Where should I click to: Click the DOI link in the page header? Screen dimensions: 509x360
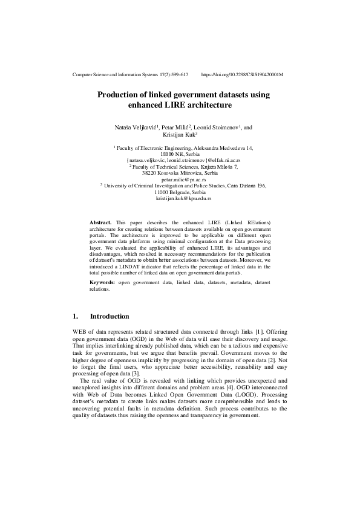(242, 74)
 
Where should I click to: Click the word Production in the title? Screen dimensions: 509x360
(119, 95)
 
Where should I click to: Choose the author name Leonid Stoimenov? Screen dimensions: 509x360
(217, 128)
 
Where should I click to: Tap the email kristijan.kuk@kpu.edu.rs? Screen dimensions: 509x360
(183, 198)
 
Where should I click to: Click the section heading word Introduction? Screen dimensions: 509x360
(110, 316)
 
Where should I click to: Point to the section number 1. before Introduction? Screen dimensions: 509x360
(75, 316)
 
